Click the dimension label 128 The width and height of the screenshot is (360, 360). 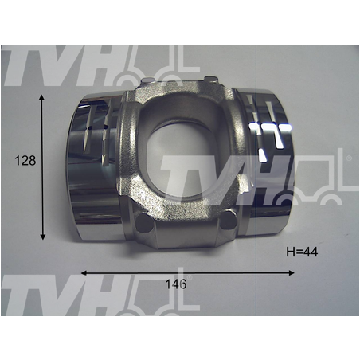(25, 161)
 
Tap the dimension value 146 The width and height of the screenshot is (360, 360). (176, 284)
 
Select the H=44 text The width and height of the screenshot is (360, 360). (302, 252)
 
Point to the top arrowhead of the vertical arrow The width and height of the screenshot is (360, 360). (41, 97)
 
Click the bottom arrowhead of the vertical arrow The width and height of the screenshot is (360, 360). (42, 237)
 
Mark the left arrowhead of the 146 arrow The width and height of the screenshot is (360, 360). (84, 273)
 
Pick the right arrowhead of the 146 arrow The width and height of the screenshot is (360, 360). (292, 272)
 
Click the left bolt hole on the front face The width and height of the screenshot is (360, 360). (144, 222)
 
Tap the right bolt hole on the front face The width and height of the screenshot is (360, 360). (229, 220)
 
